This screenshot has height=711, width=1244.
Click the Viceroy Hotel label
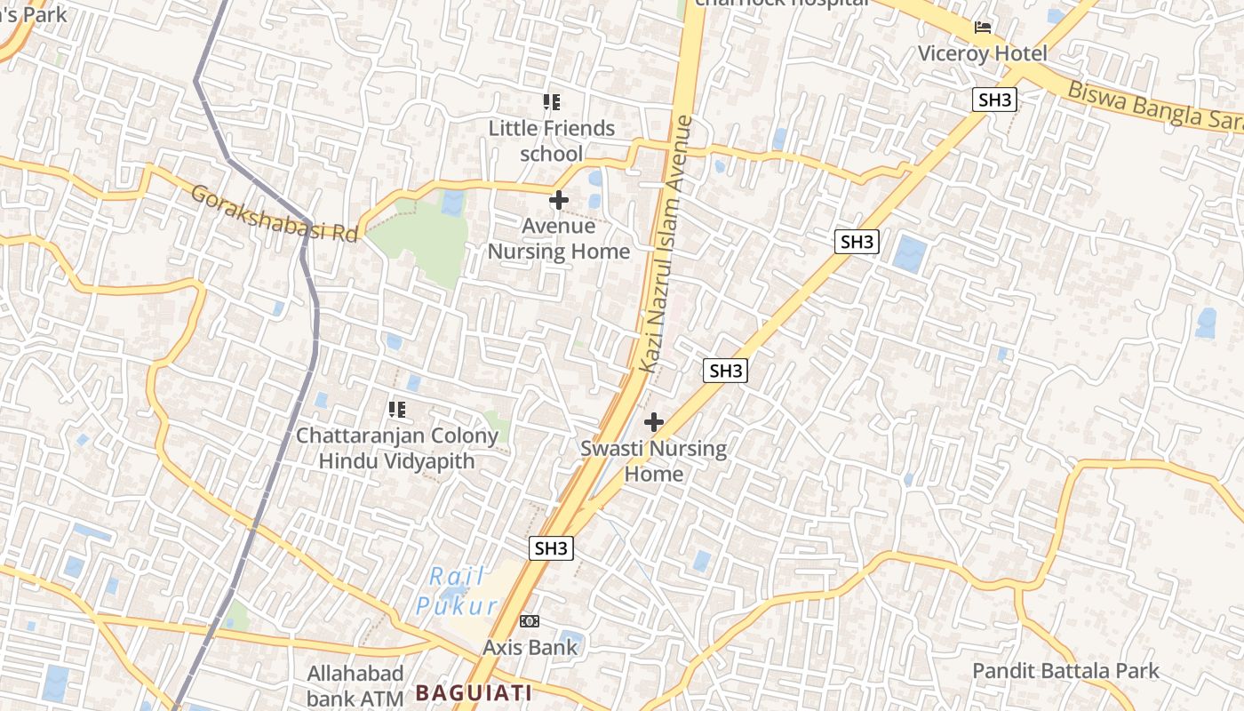(982, 53)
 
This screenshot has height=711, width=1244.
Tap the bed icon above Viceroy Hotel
(982, 28)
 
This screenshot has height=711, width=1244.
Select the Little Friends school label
(551, 140)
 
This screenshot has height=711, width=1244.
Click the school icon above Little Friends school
(551, 102)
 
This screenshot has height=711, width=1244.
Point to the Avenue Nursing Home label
(559, 238)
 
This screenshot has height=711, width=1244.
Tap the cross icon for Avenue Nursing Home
(559, 200)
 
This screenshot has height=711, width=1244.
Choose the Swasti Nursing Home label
(653, 460)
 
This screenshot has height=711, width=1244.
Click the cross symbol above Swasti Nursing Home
(653, 422)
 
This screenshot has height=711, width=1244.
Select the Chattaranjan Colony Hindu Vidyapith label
(396, 448)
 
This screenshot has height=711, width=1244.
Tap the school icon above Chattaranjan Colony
(396, 410)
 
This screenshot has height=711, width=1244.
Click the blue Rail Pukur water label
(458, 591)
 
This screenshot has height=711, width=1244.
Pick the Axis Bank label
(530, 647)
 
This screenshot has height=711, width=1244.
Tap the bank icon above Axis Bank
(530, 621)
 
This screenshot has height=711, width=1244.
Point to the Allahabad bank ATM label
(355, 685)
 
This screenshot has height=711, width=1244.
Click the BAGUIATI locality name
(474, 692)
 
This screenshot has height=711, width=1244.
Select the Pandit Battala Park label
(1065, 670)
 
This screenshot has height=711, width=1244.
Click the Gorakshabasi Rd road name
(274, 212)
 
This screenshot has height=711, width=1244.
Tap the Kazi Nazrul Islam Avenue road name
(665, 244)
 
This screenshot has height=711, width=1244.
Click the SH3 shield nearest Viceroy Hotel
(994, 100)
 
